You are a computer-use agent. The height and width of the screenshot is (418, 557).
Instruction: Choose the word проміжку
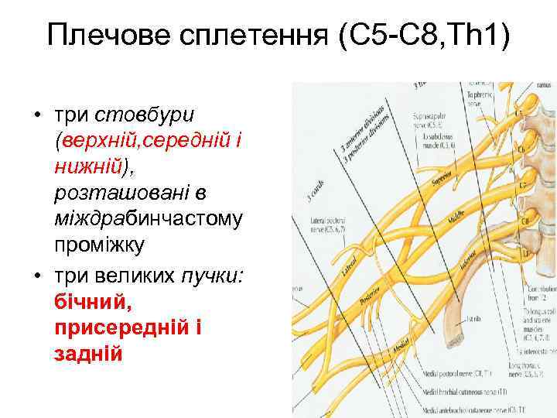click(102, 245)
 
